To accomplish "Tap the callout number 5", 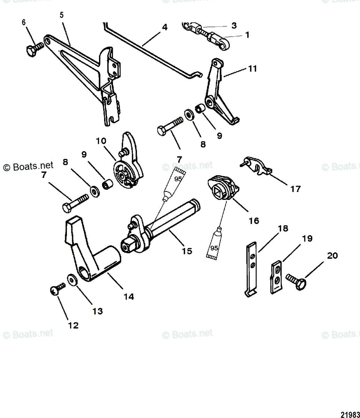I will pos(62,16).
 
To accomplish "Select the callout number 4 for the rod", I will pos(164,27).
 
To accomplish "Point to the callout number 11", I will pos(252,69).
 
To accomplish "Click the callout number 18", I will pos(283,229).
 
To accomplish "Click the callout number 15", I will pos(187,250).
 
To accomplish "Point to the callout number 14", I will pos(128,296).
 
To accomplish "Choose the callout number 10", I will pos(101,141).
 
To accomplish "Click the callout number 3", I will pos(234,25).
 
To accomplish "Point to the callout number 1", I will pos(247,35).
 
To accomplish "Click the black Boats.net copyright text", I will pos(29,166).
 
